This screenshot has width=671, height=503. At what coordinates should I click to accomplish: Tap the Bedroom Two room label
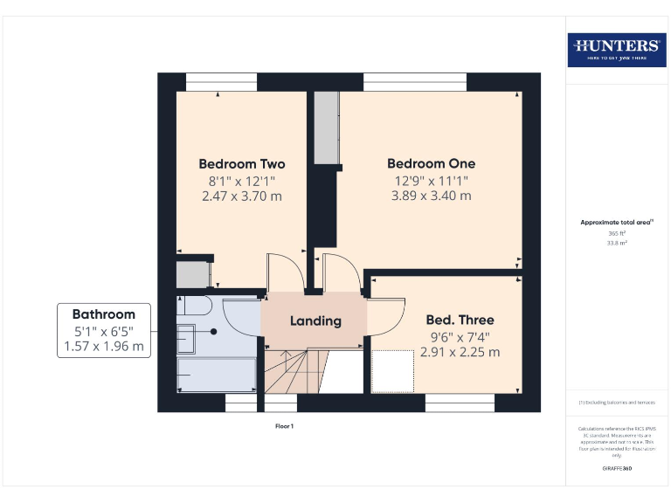tap(242, 164)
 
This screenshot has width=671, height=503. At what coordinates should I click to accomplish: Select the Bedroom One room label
tap(432, 164)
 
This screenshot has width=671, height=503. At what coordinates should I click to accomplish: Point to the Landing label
tap(315, 320)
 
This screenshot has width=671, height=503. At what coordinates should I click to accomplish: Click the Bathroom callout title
tap(104, 314)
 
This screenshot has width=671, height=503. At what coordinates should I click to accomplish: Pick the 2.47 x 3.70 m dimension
tap(242, 196)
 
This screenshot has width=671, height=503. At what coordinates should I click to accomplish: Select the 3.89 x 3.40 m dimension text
tap(432, 196)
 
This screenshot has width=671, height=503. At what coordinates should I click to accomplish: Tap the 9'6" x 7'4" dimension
tap(460, 336)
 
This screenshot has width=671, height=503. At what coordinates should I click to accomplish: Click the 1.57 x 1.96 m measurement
tap(104, 347)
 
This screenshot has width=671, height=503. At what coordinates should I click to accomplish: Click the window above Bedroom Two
tap(222, 82)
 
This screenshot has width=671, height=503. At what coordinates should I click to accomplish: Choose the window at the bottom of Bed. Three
tap(460, 403)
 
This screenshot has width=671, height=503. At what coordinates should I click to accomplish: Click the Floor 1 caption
tap(285, 426)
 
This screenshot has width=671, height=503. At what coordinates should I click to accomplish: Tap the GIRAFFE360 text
tap(617, 469)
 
